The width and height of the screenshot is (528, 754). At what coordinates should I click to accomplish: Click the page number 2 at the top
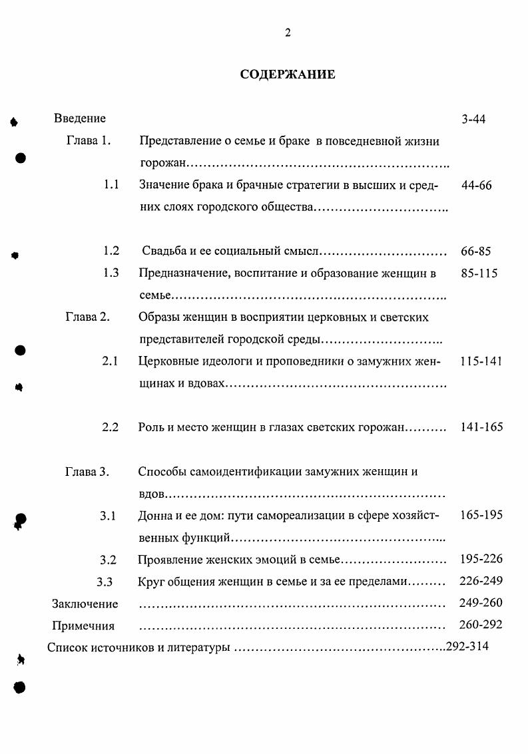click(288, 33)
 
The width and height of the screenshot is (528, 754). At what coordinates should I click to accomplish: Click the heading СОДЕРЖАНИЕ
click(288, 75)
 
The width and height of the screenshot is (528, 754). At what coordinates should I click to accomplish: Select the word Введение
click(80, 118)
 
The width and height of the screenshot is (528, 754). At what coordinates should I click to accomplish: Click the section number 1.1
click(111, 186)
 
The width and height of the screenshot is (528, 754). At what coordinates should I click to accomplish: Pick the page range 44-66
click(476, 186)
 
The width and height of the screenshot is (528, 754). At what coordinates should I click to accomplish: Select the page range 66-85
click(475, 252)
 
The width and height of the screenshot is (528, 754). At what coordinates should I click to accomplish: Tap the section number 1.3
click(111, 273)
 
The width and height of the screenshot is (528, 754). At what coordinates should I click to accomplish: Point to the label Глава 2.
click(87, 317)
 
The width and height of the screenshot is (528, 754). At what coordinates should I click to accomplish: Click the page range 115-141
click(481, 361)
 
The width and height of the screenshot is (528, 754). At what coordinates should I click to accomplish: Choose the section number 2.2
click(110, 427)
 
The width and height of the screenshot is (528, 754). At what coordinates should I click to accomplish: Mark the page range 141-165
click(481, 427)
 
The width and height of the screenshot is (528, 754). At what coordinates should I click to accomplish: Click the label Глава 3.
click(87, 472)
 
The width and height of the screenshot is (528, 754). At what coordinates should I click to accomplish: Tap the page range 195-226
click(481, 558)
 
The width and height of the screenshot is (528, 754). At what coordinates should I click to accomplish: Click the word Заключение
click(85, 604)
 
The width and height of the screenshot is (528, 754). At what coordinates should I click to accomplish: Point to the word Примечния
click(83, 626)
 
